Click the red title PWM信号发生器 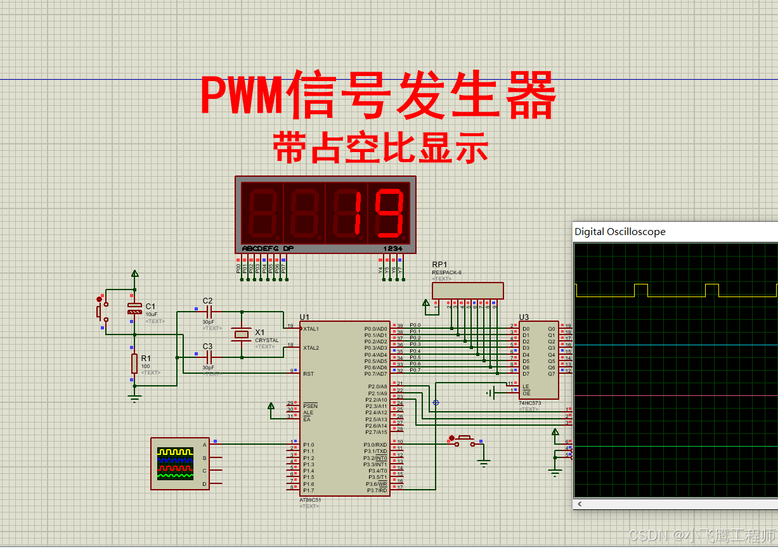click(x=379, y=96)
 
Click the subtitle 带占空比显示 click(x=381, y=148)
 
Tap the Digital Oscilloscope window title click(x=619, y=232)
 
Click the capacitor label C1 click(x=150, y=306)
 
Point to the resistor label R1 click(x=146, y=359)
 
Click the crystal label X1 click(x=260, y=332)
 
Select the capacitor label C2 click(x=207, y=300)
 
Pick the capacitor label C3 click(x=207, y=346)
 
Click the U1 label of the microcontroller click(x=305, y=317)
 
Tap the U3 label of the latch click(x=524, y=317)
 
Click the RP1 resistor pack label click(x=439, y=265)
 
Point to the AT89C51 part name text click(x=310, y=500)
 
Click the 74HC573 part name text click(x=530, y=403)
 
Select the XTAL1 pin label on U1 click(x=311, y=329)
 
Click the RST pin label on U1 click(x=308, y=374)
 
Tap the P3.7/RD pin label click(x=377, y=490)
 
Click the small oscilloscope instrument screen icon click(x=175, y=464)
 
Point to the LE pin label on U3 click(x=526, y=386)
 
